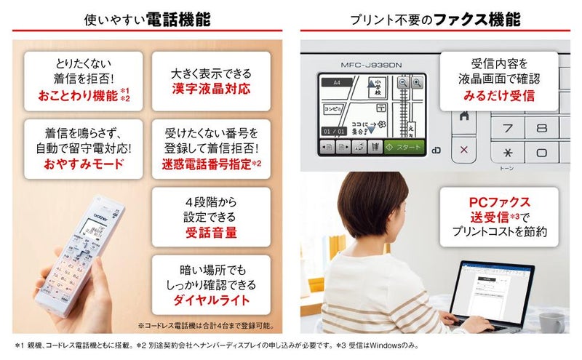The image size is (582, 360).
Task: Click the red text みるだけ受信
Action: pyautogui.click(x=498, y=95)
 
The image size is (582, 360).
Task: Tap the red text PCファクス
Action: pyautogui.click(x=499, y=201)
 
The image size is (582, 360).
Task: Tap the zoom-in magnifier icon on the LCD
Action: pyautogui.click(x=417, y=84)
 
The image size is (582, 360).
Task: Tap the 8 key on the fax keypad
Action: pyautogui.click(x=541, y=127)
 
